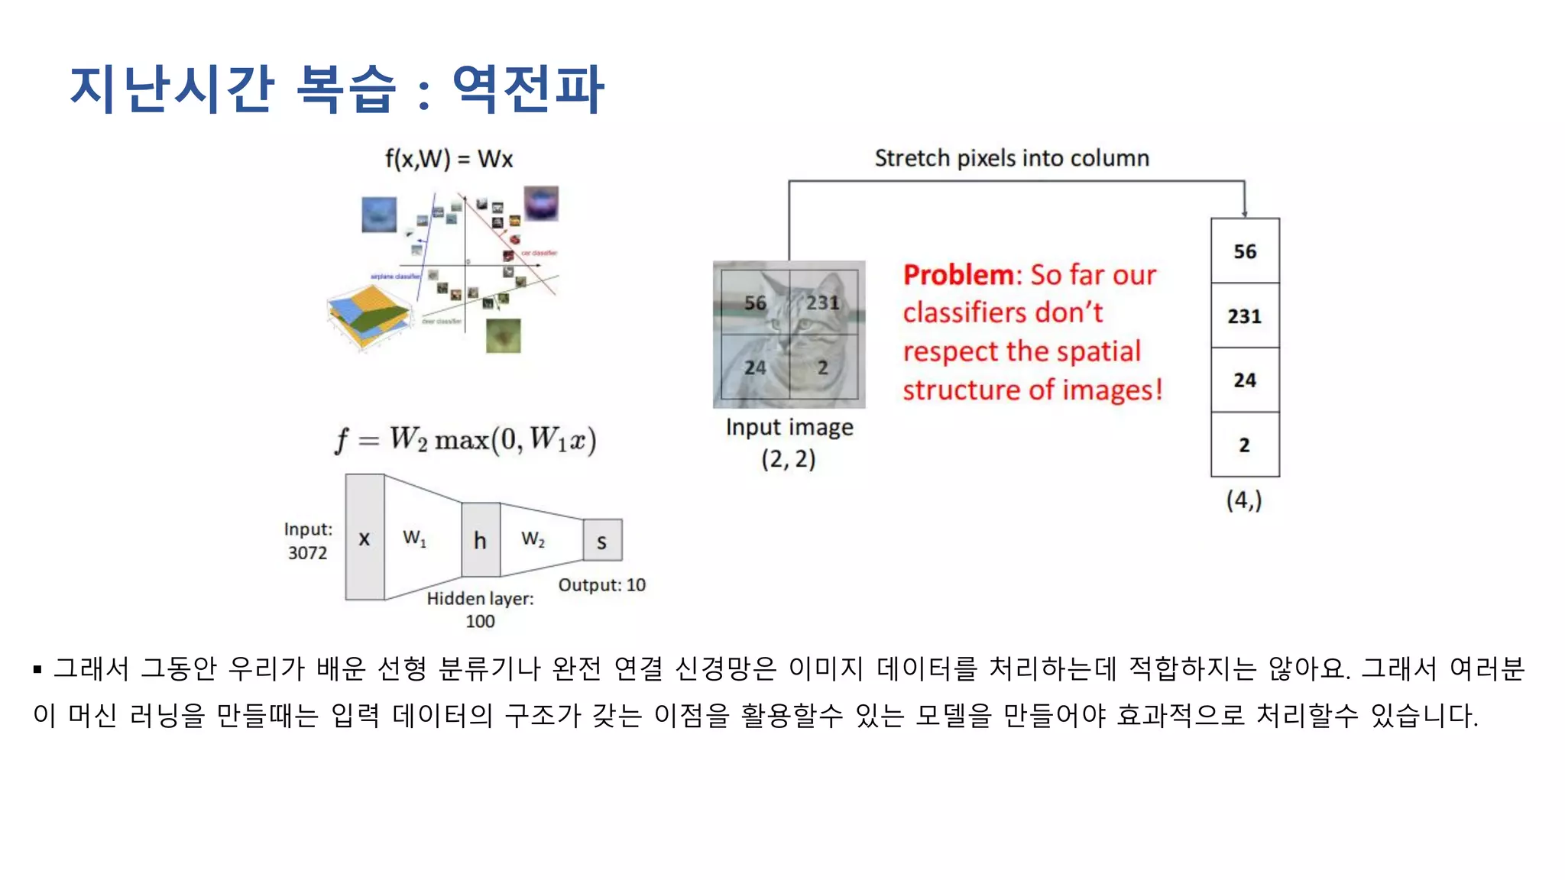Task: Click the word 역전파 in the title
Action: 528,89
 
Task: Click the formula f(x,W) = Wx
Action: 449,159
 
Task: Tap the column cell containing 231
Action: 1244,315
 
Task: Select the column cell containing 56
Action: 1244,251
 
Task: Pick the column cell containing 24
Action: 1244,380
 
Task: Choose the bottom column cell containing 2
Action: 1244,445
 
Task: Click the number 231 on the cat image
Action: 822,302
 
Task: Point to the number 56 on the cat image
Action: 755,302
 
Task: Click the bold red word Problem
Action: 957,275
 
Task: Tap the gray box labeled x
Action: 365,538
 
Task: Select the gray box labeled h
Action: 480,540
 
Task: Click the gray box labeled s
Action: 602,541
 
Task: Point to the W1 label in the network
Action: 414,539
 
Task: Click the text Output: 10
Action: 601,585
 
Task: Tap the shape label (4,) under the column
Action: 1244,500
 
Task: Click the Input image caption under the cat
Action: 789,427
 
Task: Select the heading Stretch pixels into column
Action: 1012,158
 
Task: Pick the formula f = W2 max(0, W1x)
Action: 465,440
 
